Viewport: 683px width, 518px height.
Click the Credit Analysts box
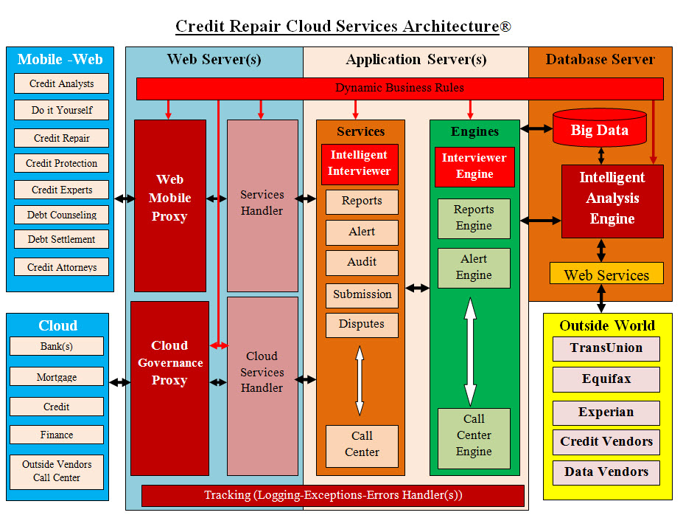61,83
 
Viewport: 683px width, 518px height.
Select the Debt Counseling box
62,215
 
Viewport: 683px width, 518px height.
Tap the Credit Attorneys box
62,267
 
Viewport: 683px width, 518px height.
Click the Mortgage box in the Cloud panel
57,377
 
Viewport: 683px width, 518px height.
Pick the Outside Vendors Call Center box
57,471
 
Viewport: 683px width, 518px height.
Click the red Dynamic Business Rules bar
400,88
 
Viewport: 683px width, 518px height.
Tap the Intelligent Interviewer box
360,163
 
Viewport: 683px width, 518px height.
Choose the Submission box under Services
362,294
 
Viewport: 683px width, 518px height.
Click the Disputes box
362,325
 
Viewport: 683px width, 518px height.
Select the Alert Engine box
474,267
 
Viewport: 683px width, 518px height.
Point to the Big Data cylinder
600,128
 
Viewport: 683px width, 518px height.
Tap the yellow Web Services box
606,274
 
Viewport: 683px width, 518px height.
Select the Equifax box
606,379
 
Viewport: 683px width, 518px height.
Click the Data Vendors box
606,472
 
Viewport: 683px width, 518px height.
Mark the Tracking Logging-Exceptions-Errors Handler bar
332,495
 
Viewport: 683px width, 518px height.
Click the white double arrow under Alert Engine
470,350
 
